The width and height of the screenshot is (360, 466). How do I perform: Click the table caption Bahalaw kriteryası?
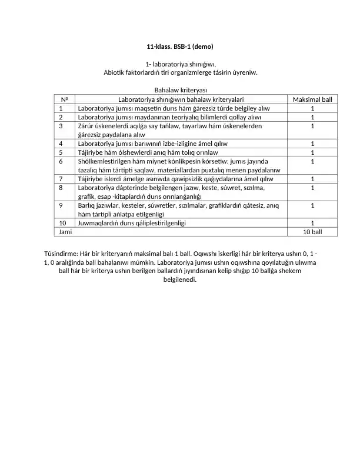[x=180, y=91]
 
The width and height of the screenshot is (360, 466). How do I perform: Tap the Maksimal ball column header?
[x=312, y=99]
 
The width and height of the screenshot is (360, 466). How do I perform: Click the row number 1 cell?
[x=61, y=108]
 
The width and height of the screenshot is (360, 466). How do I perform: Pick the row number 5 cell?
[x=61, y=152]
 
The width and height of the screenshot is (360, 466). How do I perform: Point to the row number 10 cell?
[x=63, y=223]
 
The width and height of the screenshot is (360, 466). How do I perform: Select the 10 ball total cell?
[x=312, y=232]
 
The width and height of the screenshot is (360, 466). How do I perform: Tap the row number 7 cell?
[x=61, y=179]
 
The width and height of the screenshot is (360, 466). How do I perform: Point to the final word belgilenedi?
[x=179, y=279]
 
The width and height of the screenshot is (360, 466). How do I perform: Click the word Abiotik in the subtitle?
[x=116, y=72]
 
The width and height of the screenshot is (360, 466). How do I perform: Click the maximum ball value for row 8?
[x=312, y=188]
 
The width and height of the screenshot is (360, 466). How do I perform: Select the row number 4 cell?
[x=61, y=143]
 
